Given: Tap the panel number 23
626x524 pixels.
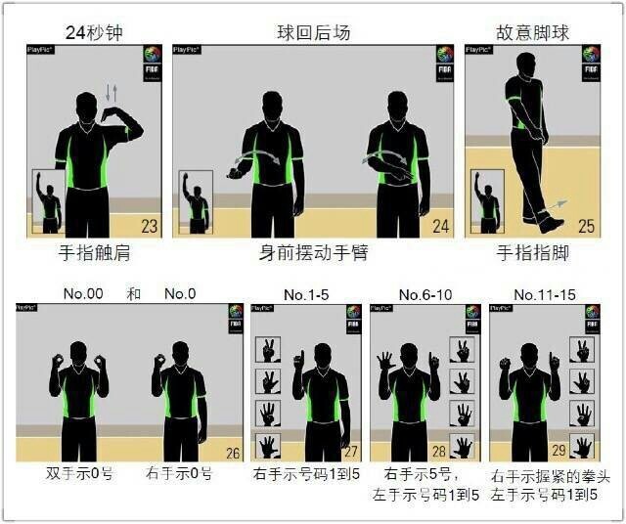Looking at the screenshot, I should tap(150, 227).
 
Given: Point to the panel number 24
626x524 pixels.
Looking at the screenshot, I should tap(441, 227).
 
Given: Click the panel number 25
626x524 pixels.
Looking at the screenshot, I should tap(587, 227).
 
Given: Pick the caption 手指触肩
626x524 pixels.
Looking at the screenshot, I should tap(95, 253).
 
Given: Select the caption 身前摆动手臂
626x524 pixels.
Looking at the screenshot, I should tap(313, 253).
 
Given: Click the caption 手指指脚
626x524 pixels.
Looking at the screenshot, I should tap(531, 253).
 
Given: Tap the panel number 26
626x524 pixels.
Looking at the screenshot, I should tap(232, 453).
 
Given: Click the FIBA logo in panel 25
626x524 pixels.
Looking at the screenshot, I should tap(590, 57).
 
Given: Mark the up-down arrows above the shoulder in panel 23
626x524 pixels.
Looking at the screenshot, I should tap(112, 93).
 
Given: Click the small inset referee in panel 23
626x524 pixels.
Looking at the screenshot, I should tap(48, 200).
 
